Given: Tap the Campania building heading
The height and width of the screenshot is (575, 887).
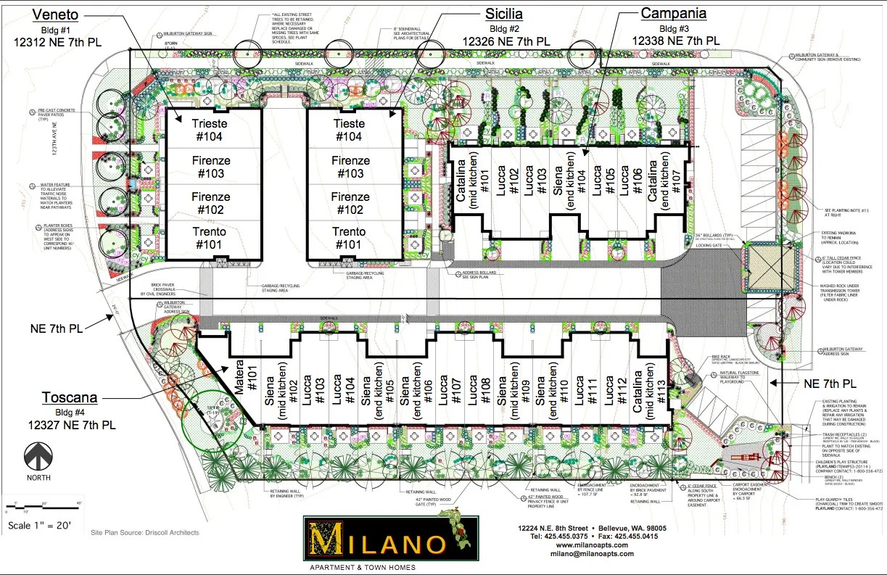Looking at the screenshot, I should pyautogui.click(x=673, y=13).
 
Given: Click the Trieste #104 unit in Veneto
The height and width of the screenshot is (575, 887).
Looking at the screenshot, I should pyautogui.click(x=210, y=130).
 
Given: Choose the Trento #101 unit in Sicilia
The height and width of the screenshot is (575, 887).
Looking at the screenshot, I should pyautogui.click(x=350, y=238).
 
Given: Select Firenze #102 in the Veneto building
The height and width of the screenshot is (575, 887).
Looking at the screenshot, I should pyautogui.click(x=210, y=203).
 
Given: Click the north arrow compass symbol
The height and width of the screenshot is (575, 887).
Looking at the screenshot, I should pyautogui.click(x=38, y=458).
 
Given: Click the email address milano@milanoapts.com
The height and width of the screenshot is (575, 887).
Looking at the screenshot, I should pyautogui.click(x=591, y=556).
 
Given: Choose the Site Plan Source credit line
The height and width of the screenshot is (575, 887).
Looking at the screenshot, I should pyautogui.click(x=145, y=533).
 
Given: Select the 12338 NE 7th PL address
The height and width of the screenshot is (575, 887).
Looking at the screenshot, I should pyautogui.click(x=676, y=41).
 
